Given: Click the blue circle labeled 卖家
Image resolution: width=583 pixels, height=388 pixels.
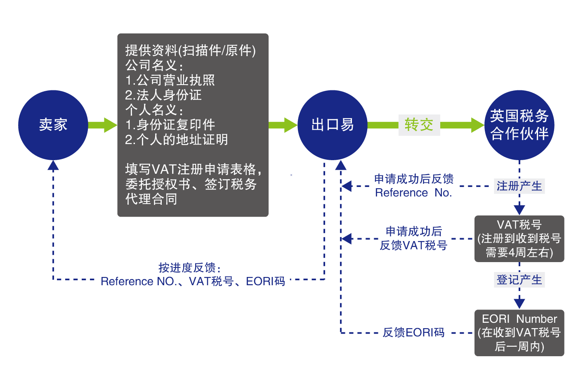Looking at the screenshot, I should click(53, 125).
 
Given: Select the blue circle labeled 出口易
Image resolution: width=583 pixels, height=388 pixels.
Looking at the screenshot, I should click(333, 125).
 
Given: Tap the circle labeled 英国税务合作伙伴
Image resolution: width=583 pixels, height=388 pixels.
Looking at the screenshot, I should click(519, 125).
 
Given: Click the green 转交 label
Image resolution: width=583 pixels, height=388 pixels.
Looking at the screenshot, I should click(419, 125).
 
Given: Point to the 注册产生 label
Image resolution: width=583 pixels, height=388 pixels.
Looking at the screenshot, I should click(519, 186).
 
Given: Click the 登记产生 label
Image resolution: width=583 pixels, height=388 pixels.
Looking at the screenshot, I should click(519, 280).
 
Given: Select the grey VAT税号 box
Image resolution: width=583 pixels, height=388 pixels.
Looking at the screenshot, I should click(519, 239).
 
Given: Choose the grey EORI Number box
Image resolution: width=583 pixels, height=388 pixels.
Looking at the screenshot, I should click(519, 333).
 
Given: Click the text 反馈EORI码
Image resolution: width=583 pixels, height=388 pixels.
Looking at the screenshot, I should click(413, 333).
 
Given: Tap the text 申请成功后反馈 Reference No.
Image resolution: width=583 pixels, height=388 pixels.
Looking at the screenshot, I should click(413, 186).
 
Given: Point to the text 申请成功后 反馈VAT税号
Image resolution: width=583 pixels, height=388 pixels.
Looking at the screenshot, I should click(413, 239).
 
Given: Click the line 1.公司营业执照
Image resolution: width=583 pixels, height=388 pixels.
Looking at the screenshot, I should click(170, 80).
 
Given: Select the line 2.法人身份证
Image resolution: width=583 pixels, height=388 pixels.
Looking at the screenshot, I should click(163, 95).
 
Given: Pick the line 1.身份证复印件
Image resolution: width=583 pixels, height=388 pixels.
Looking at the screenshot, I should click(170, 125).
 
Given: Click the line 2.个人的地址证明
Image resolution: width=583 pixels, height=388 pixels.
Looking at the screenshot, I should click(177, 140).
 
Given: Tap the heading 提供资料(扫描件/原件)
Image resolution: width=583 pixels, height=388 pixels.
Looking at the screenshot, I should click(190, 50).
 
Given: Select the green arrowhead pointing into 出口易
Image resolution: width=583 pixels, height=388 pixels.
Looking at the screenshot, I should click(290, 125).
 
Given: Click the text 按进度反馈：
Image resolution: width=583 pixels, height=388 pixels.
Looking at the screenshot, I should click(190, 268).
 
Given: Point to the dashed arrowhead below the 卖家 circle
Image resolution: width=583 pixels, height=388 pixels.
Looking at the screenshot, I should click(53, 166).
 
